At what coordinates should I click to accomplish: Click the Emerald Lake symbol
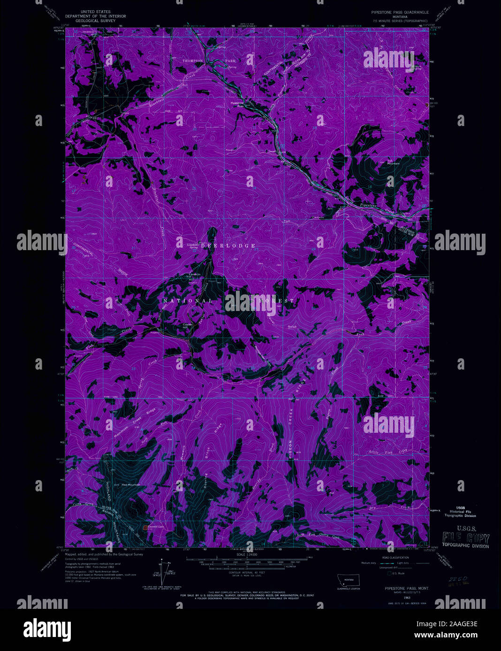[x=145, y=527]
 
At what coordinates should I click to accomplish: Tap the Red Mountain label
[x=131, y=484]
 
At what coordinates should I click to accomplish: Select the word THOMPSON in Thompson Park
[x=193, y=61]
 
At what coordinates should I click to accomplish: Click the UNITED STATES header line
[x=96, y=11]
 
